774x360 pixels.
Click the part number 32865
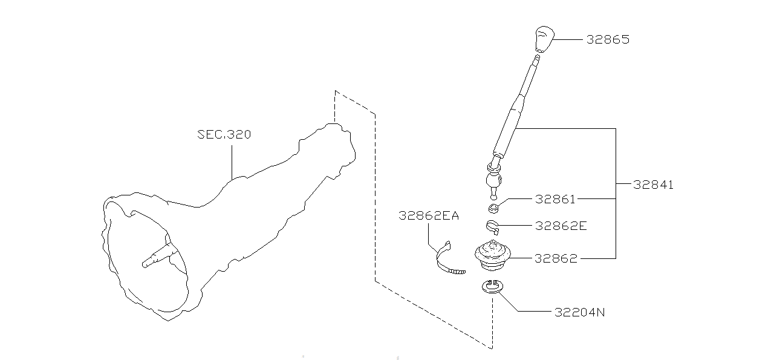(x=608, y=39)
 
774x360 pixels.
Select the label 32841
(x=653, y=185)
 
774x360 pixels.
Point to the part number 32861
(x=555, y=199)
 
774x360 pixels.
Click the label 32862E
(x=561, y=226)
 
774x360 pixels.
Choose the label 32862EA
(x=428, y=215)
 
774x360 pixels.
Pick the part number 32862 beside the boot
(x=556, y=258)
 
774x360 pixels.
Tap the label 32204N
(x=580, y=312)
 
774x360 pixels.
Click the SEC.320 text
(x=224, y=134)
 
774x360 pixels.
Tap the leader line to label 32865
(x=568, y=39)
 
